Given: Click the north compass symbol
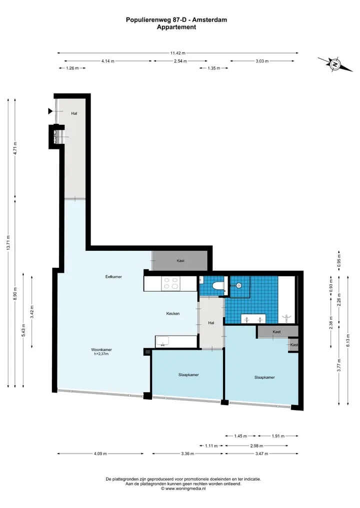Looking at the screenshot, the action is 334,64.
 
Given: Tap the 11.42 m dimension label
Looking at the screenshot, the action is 178,53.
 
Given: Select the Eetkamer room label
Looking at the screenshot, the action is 113,277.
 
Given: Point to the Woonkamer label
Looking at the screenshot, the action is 101,350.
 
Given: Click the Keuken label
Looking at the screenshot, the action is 173,314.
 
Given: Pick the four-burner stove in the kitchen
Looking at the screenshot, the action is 171,284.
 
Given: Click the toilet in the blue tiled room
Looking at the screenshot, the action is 217,286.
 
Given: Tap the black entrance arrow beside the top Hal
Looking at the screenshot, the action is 50,111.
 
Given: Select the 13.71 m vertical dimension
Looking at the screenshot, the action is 9,243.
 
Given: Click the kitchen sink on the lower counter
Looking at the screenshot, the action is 161,342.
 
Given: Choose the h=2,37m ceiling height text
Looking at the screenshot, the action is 101,354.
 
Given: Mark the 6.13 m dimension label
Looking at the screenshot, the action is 348,340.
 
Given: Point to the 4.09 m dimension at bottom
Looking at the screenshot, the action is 100,454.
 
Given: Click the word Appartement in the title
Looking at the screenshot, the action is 176,27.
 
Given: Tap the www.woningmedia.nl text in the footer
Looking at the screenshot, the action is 185,489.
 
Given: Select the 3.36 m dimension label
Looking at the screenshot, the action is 187,454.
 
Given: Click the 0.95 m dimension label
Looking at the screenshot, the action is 339,261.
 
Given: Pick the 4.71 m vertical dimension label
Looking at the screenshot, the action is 15,148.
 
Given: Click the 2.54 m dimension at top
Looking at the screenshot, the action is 180,61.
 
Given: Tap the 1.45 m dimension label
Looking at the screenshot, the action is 240,436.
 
